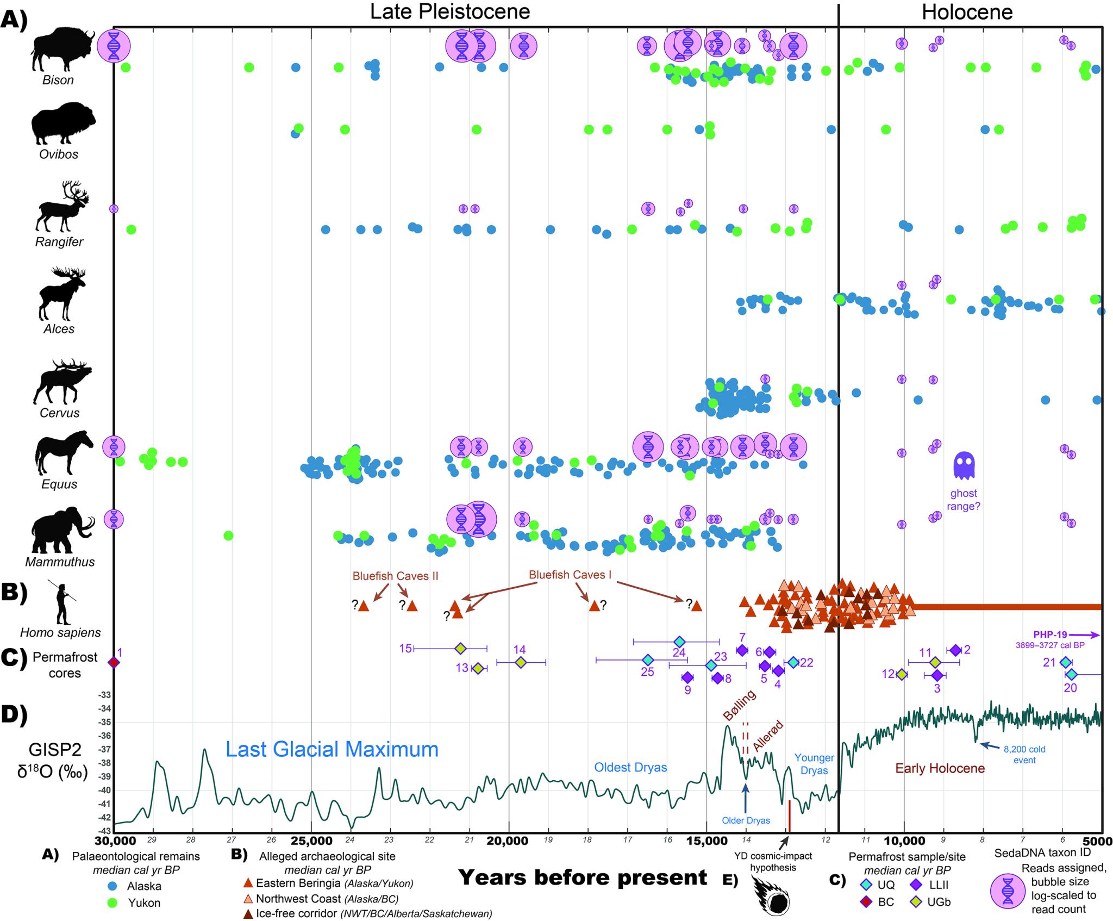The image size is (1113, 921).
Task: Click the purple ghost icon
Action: tap(964, 466)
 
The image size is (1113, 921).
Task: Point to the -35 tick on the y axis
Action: tap(104, 723)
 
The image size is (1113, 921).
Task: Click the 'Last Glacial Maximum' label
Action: tap(332, 750)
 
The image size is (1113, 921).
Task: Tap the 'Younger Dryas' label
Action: tap(814, 764)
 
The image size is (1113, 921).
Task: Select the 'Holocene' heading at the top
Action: tap(967, 12)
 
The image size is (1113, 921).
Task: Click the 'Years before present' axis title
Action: tap(583, 877)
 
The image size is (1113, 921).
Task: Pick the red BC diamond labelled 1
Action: tap(114, 662)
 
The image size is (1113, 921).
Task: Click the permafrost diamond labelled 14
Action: tap(521, 662)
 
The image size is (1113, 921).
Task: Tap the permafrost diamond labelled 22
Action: tap(793, 662)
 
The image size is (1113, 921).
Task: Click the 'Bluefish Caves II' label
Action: tap(395, 576)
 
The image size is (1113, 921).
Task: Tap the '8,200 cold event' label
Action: tap(1024, 754)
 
